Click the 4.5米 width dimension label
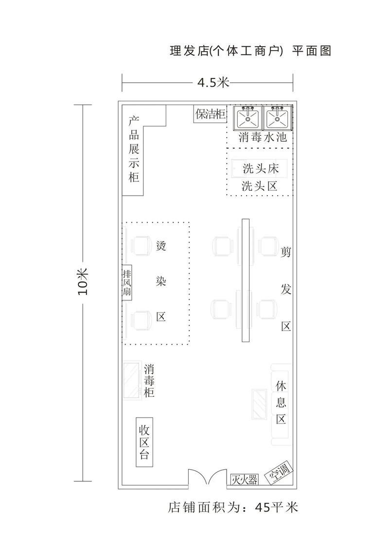click(213, 82)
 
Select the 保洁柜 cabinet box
click(211, 114)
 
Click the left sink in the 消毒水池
click(248, 118)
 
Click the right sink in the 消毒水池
click(277, 118)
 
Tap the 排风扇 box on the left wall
click(127, 282)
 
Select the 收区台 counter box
click(144, 442)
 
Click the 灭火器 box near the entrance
click(244, 480)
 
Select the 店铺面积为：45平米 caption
click(232, 507)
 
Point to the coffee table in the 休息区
click(258, 404)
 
